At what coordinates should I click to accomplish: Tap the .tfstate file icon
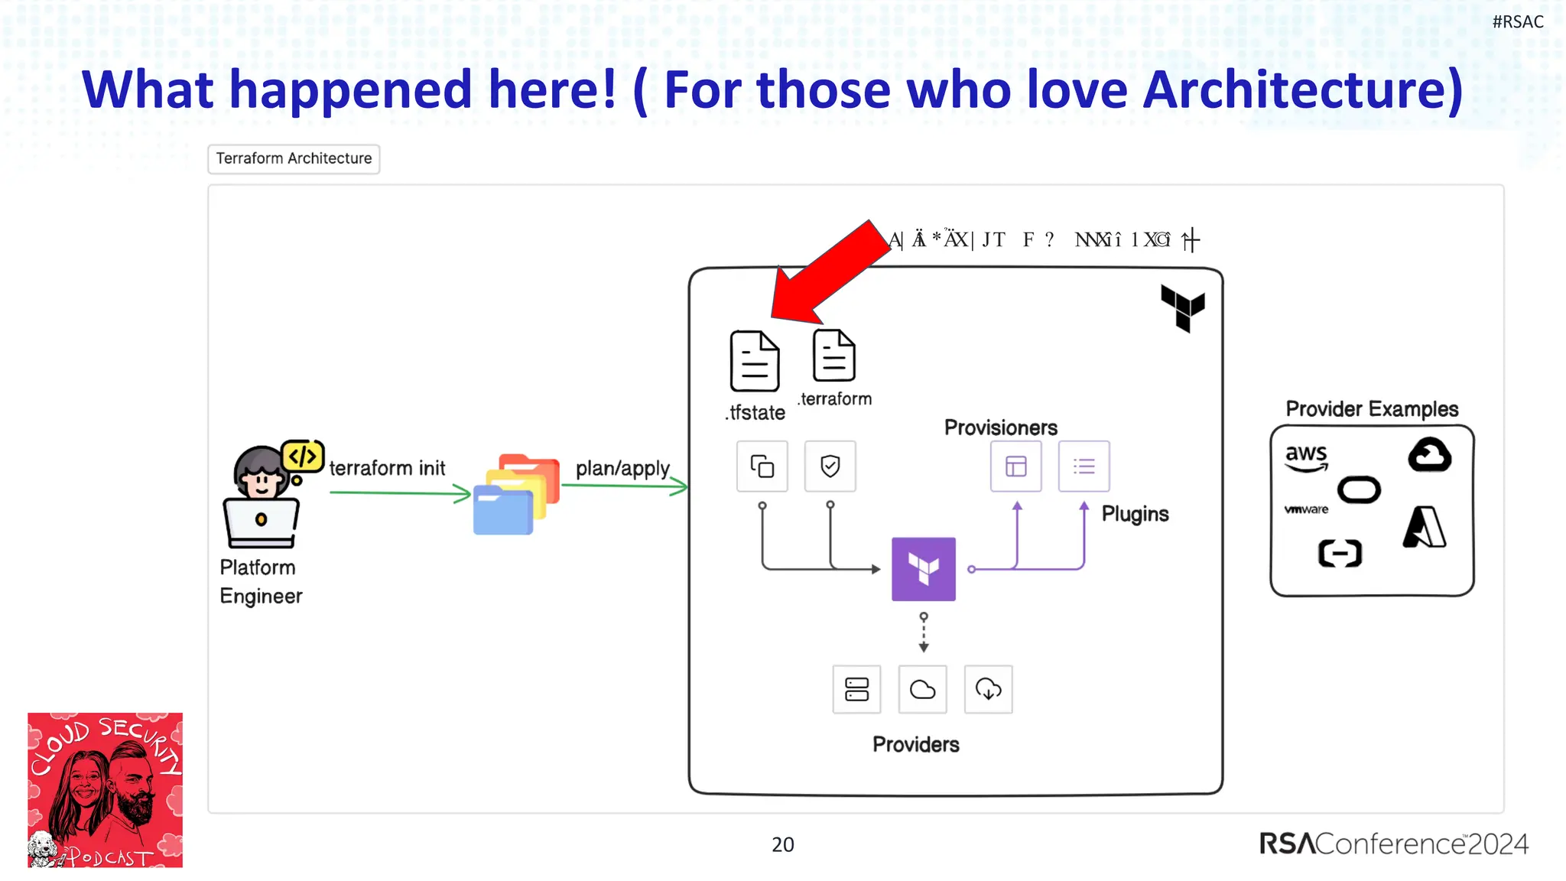(x=755, y=361)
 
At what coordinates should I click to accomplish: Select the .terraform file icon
(x=833, y=356)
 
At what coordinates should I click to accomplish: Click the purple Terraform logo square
(x=924, y=569)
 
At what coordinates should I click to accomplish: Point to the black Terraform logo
(x=1182, y=307)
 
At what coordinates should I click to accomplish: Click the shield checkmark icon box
(x=830, y=466)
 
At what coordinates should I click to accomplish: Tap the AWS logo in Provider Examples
(x=1306, y=457)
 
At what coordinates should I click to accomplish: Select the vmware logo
(x=1306, y=509)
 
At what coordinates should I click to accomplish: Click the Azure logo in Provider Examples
(x=1425, y=528)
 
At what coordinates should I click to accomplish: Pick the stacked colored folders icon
(x=516, y=494)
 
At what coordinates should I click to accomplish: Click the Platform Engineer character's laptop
(x=261, y=524)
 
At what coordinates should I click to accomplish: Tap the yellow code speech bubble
(x=303, y=457)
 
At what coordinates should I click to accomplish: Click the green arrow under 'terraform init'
(x=399, y=493)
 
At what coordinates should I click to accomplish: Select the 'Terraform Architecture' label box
(x=294, y=159)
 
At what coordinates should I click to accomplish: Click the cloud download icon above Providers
(x=988, y=690)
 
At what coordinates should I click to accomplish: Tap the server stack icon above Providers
(x=856, y=690)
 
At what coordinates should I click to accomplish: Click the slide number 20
(x=782, y=844)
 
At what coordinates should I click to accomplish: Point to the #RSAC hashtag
(x=1517, y=22)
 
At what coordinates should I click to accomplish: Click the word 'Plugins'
(x=1135, y=514)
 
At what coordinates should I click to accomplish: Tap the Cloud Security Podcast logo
(x=106, y=790)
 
